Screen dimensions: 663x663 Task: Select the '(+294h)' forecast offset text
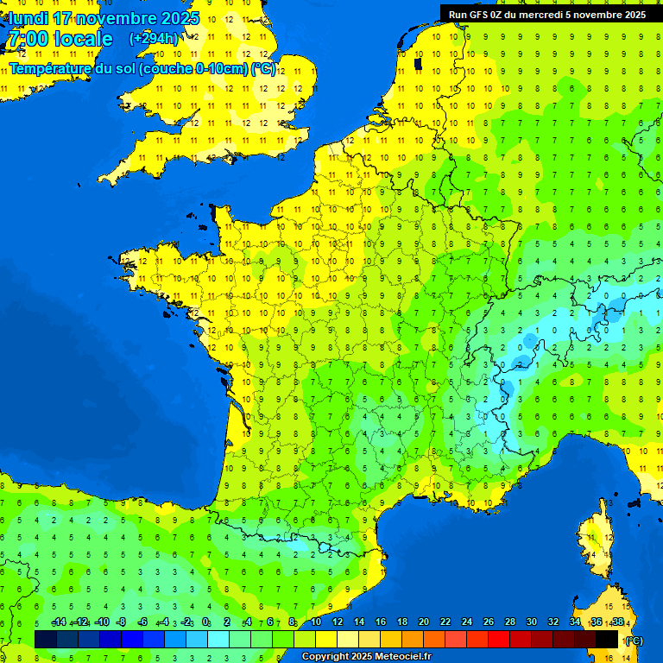(154, 38)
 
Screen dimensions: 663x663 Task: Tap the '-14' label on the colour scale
(58, 622)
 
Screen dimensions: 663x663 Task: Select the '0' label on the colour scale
(205, 622)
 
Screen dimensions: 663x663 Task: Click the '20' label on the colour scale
(423, 622)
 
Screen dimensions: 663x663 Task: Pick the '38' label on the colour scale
(617, 622)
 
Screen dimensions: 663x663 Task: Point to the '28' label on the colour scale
(509, 622)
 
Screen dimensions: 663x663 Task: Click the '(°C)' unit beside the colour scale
(634, 641)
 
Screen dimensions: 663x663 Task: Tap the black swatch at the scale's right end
(607, 639)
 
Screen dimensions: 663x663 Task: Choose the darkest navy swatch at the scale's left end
(46, 639)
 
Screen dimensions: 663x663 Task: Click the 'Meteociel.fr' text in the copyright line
(399, 657)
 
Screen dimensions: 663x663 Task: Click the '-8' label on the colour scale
(121, 622)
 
